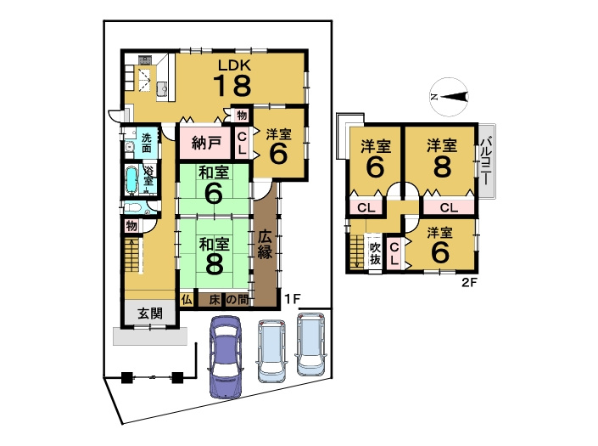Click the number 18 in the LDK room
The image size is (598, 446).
[x=233, y=85]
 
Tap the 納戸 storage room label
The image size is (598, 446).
[x=206, y=143]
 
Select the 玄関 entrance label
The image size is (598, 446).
[x=150, y=313]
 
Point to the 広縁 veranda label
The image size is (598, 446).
[x=265, y=245]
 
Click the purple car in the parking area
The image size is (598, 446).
[x=226, y=357]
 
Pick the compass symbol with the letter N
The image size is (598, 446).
[x=450, y=97]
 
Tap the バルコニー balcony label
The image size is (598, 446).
[x=486, y=161]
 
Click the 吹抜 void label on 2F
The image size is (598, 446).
[x=375, y=253]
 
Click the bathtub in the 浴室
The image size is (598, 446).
[x=131, y=180]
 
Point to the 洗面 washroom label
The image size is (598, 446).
[x=147, y=143]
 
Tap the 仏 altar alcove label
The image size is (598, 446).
[x=187, y=300]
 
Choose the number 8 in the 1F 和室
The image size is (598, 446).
[x=215, y=263]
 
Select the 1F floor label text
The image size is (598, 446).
[x=293, y=298]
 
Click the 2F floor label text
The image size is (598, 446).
[x=469, y=283]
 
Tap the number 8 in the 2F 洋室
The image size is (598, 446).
[x=442, y=167]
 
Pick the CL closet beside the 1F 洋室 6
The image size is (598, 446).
[x=242, y=144]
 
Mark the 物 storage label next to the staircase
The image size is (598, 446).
[x=131, y=226]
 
